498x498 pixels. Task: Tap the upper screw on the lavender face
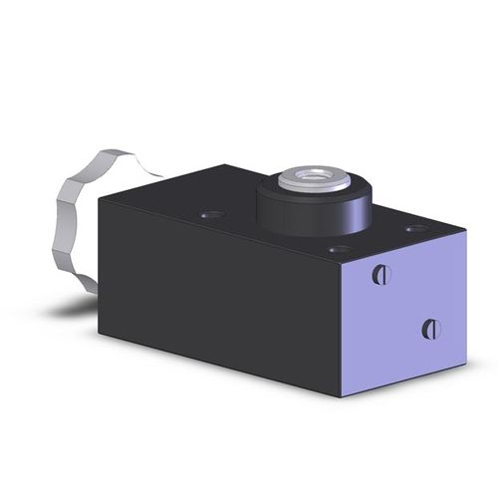[380, 274]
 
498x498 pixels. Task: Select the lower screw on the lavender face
[430, 328]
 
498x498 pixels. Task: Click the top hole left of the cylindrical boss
[209, 213]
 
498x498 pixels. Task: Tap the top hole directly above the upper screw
[339, 249]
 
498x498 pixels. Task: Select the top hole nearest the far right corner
[416, 229]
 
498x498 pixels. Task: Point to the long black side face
[219, 289]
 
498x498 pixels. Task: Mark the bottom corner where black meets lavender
[342, 397]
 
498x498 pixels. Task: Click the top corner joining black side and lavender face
[342, 262]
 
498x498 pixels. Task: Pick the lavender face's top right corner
[466, 237]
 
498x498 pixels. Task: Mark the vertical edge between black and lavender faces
[342, 329]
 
